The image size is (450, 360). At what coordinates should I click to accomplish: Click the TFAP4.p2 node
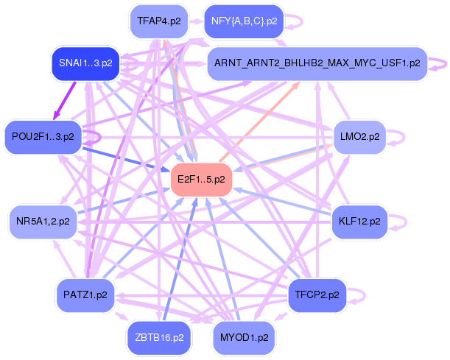click(159, 21)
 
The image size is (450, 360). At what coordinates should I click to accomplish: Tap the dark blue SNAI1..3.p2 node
click(86, 63)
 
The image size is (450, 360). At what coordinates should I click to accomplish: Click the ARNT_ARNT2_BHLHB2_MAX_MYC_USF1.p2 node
click(317, 63)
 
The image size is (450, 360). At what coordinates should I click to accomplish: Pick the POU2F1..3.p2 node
click(43, 136)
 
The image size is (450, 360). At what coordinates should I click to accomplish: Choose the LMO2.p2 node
click(359, 136)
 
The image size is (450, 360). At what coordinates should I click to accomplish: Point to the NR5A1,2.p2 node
click(43, 220)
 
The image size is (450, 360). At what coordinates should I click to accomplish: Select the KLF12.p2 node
click(359, 220)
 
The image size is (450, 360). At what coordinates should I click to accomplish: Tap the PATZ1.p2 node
click(86, 294)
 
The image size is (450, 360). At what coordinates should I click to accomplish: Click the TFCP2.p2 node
click(317, 294)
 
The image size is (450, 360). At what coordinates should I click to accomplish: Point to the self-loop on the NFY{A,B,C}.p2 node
click(294, 21)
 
